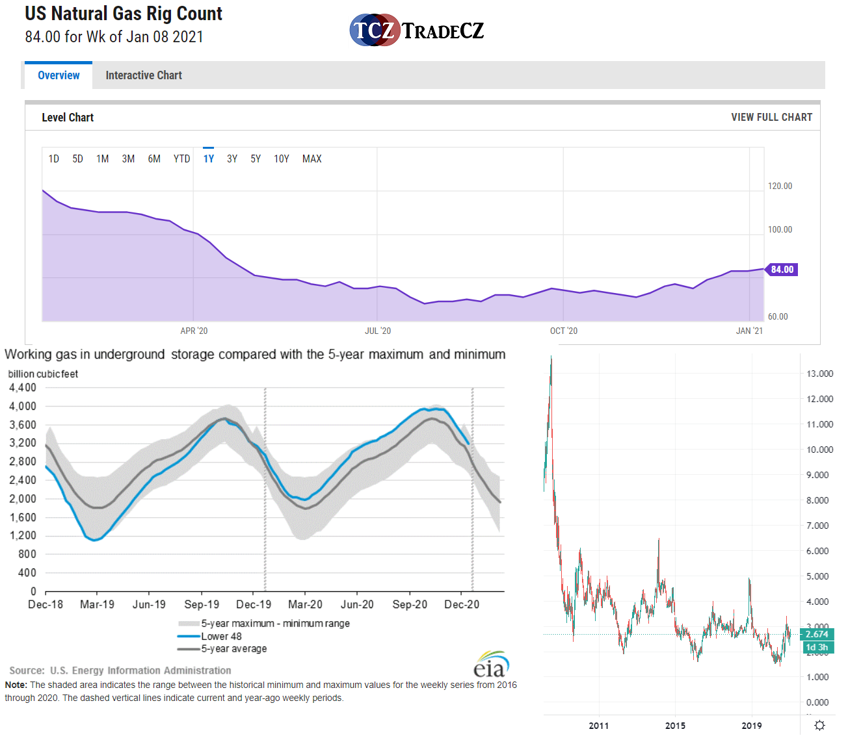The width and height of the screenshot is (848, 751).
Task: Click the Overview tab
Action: [59, 75]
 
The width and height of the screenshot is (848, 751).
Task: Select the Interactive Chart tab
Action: [144, 75]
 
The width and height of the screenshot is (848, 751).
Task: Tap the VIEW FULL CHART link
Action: [771, 117]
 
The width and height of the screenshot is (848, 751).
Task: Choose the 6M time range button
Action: [154, 159]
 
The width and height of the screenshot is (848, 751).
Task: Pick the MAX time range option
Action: [311, 159]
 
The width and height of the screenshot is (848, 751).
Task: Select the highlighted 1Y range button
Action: [208, 159]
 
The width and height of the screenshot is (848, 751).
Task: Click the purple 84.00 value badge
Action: [782, 270]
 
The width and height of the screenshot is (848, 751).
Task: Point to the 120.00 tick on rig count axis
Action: [780, 186]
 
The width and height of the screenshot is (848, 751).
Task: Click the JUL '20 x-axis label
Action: [378, 331]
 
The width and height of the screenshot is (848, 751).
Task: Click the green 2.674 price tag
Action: [817, 634]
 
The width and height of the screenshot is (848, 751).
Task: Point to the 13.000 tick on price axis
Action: [819, 374]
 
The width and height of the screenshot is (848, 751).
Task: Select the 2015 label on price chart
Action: [675, 726]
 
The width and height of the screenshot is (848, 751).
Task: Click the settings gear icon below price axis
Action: [819, 725]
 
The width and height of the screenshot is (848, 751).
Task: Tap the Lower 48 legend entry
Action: [221, 636]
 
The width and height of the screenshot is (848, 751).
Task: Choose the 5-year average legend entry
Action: [233, 648]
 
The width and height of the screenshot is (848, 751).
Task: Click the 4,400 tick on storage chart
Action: [23, 388]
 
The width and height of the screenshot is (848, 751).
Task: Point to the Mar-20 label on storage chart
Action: [305, 604]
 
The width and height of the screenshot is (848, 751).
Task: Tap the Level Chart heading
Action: [68, 117]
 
